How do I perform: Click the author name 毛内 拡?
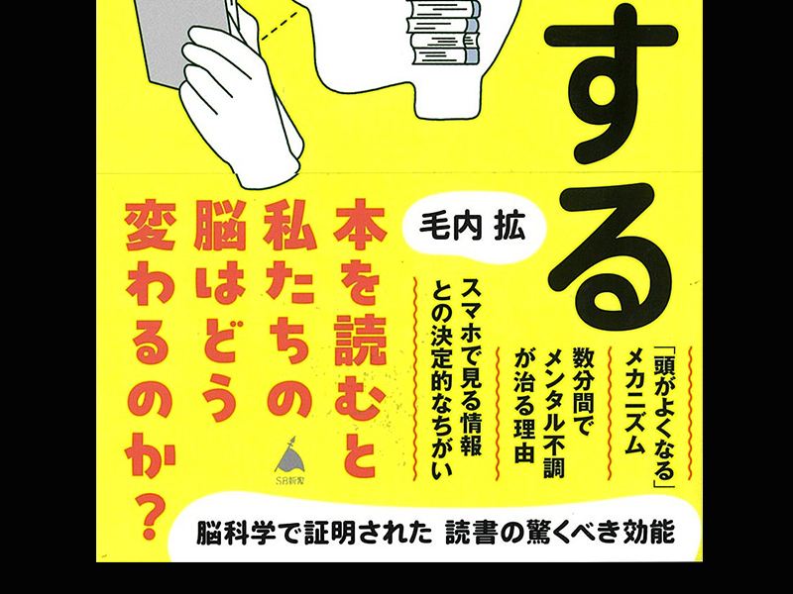tap(472, 229)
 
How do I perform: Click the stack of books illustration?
tap(443, 33)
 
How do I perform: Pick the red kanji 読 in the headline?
tap(360, 340)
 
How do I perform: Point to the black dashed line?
tap(281, 27)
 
